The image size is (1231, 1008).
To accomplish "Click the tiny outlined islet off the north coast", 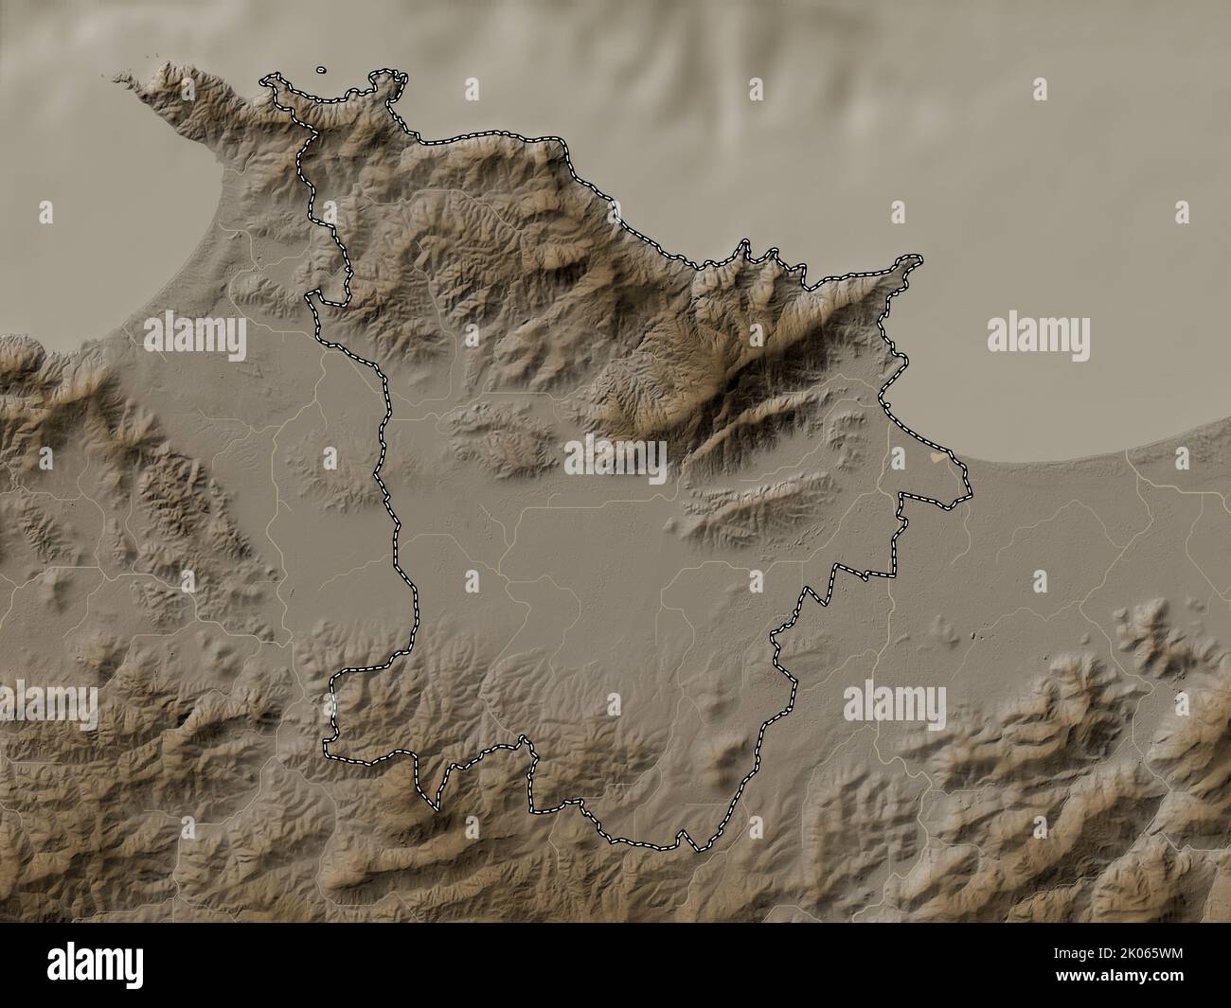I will click(321, 69).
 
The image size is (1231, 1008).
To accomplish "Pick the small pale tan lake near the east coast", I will click(937, 457).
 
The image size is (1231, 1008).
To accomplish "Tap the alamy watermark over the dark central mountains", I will click(615, 460).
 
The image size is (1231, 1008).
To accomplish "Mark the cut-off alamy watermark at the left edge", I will click(47, 706).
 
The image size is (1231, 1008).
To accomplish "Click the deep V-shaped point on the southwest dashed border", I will click(436, 808).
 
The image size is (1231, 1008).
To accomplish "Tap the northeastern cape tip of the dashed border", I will click(917, 257).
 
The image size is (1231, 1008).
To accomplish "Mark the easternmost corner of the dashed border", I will click(970, 494).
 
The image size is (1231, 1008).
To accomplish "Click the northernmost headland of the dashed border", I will click(384, 71).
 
